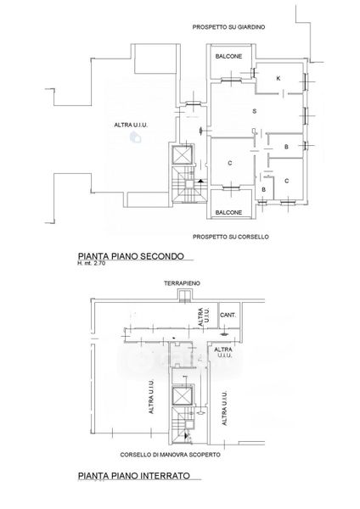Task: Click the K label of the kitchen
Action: point(278,78)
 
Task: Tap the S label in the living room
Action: point(255,111)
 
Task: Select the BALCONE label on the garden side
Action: point(228,56)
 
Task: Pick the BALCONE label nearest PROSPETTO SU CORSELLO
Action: point(228,212)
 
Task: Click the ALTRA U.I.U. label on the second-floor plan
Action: point(131,125)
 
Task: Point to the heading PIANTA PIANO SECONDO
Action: point(131,256)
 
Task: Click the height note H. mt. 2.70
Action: point(92,263)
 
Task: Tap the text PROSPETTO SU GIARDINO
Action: point(228,27)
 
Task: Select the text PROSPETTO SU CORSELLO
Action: point(231,237)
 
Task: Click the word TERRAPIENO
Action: point(182,283)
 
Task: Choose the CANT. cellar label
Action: point(228,315)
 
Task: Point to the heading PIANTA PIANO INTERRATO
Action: point(134,476)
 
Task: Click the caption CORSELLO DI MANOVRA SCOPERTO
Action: point(171,455)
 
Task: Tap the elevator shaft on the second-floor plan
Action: point(183,155)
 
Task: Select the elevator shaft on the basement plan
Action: point(183,396)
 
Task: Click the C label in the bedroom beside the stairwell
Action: point(230,163)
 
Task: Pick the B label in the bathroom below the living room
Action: point(286,147)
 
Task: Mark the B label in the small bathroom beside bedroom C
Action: point(263,189)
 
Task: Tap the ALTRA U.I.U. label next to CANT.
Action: point(204,317)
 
